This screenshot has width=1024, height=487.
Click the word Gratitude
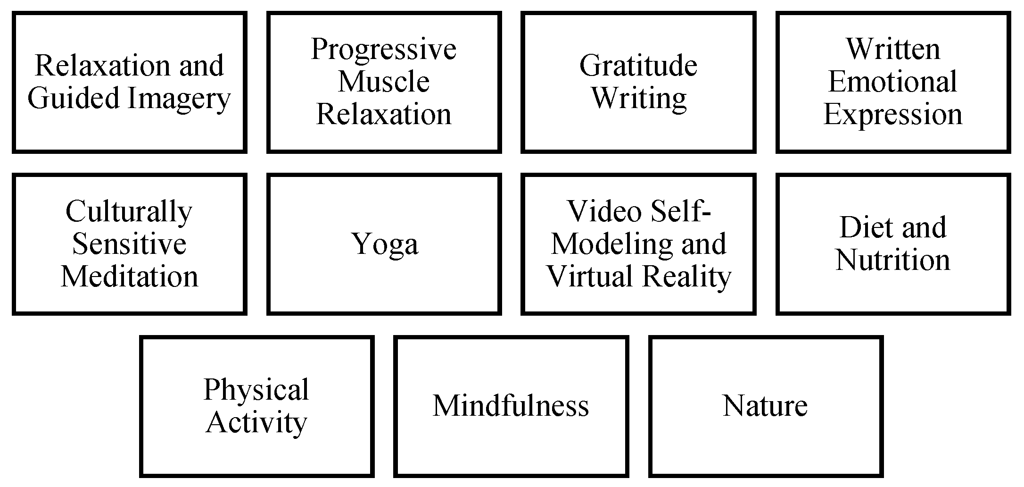click(638, 66)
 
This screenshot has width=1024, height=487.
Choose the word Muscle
click(384, 82)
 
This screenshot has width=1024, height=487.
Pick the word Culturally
click(129, 212)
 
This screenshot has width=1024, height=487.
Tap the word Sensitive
click(129, 244)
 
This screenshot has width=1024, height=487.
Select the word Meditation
click(129, 277)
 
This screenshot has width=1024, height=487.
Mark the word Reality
click(686, 277)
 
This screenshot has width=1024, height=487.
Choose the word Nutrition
click(893, 260)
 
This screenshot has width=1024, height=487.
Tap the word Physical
click(256, 390)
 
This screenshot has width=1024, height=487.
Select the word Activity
click(256, 422)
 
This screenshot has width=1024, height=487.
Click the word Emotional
click(892, 82)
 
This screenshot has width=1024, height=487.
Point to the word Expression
click(892, 115)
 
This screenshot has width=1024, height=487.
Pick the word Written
click(893, 50)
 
